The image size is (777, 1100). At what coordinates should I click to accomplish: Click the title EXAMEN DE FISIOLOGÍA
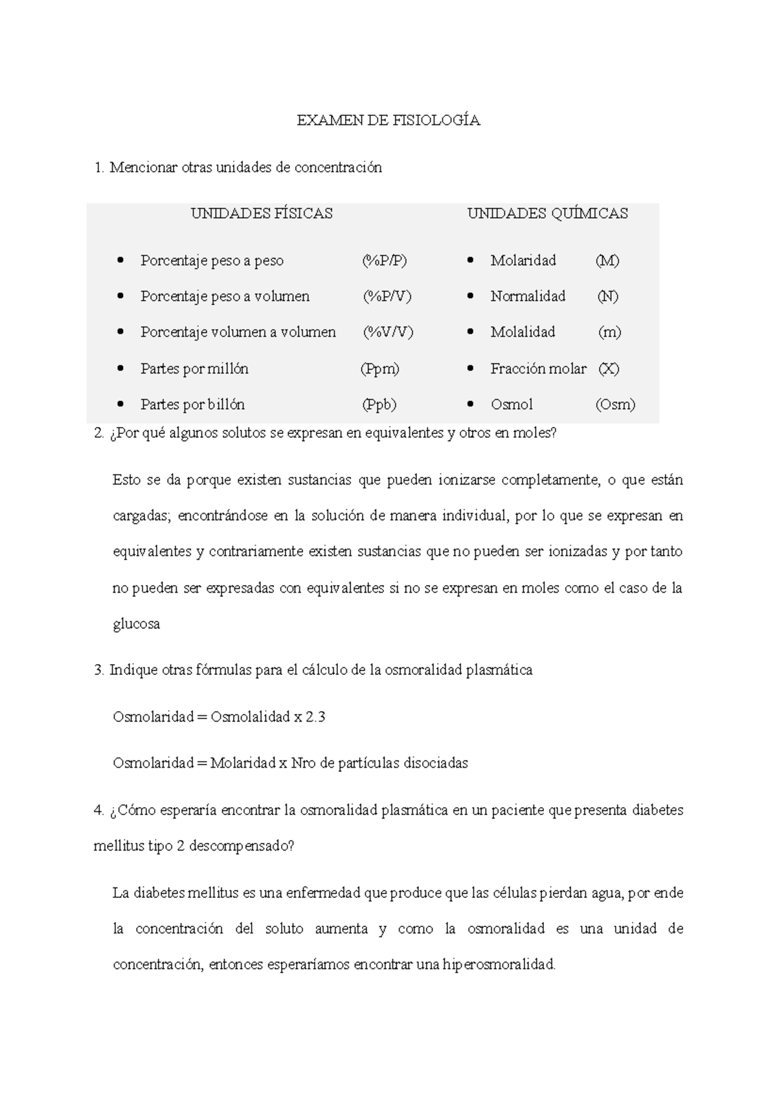coord(388,120)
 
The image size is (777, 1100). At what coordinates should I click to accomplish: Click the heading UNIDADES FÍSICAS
coord(262,213)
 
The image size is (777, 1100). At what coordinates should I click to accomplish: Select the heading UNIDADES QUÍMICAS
coord(547,213)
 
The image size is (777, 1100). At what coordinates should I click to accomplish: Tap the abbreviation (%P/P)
coord(385,260)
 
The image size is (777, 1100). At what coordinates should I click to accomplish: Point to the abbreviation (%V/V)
coord(388,332)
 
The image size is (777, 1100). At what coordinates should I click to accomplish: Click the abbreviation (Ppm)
coord(380,369)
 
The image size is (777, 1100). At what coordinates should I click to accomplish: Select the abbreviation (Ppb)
coord(379,404)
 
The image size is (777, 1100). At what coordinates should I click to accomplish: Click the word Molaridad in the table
coord(523,260)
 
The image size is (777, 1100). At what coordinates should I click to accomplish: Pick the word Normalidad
coord(528,296)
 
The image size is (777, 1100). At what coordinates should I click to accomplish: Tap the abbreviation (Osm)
coord(615,404)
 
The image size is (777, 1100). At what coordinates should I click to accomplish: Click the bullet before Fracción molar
coord(471,369)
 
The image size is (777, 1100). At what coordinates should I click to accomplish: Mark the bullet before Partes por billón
coord(120,404)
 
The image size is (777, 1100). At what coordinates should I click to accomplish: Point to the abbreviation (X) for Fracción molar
coord(608,369)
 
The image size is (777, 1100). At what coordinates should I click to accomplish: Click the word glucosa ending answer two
coord(136,624)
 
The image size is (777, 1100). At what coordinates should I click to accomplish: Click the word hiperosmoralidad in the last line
coord(499,965)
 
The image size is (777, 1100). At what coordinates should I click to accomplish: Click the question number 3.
coord(98,670)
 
